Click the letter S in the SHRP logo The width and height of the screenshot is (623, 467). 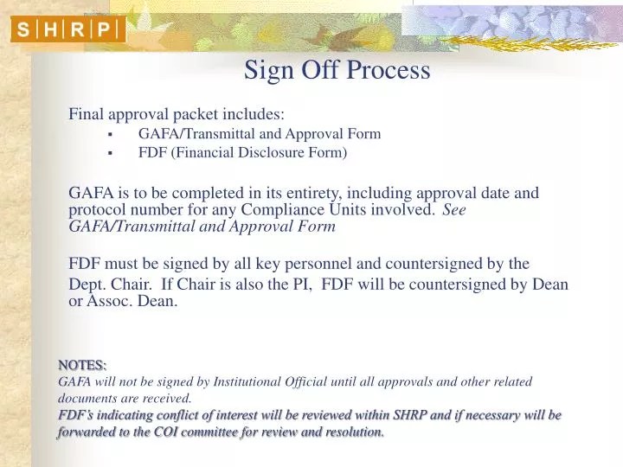coord(24,30)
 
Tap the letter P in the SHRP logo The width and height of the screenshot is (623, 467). coord(103,30)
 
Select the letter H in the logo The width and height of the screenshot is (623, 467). coord(50,30)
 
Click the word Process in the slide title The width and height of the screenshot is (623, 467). coord(389,70)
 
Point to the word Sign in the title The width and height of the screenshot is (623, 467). coord(267,71)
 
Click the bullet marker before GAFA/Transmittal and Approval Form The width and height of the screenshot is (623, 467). coord(111,135)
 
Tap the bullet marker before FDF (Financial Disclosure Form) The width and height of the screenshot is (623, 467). coord(111,153)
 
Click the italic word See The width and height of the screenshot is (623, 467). coord(454,209)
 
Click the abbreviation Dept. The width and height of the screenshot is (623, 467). coord(87,284)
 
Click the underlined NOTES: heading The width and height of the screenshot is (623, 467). coord(82,364)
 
